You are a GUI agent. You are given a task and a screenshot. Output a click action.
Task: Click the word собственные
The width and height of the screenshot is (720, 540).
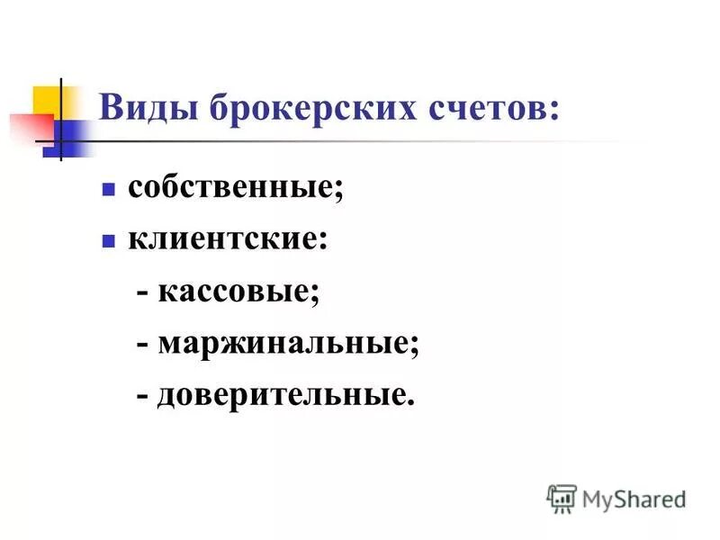coord(232,189)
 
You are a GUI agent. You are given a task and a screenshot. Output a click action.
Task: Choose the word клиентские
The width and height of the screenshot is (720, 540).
coord(223,240)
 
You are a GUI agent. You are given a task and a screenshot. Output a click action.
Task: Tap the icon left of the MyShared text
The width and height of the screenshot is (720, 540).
coord(562,498)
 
